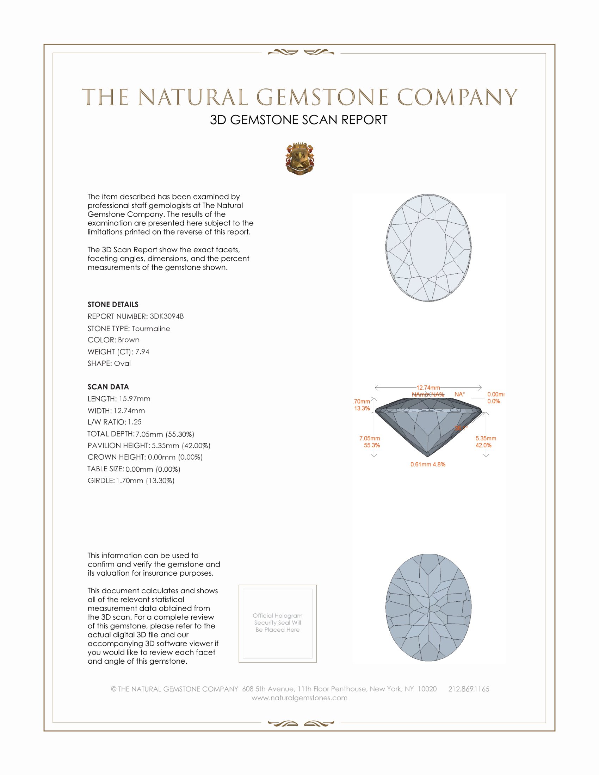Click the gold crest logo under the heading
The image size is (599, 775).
click(x=300, y=159)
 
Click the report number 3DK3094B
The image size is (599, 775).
click(x=166, y=316)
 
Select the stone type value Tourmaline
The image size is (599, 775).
click(x=151, y=329)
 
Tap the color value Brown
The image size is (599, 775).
click(x=129, y=340)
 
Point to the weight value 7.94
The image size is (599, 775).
click(x=142, y=352)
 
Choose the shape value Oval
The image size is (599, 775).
click(x=122, y=364)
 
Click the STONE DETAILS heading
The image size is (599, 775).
click(x=113, y=304)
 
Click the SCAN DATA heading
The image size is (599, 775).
click(x=108, y=387)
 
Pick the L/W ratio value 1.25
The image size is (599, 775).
click(x=135, y=422)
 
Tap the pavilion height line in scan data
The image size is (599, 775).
click(x=149, y=445)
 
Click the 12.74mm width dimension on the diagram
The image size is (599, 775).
click(x=428, y=387)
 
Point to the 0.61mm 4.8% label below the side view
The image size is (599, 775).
click(x=428, y=464)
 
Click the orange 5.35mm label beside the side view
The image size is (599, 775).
click(x=486, y=438)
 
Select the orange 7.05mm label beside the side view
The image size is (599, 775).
click(x=369, y=438)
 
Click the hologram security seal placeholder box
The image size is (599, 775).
click(x=278, y=624)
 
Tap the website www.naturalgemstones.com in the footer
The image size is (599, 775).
click(x=299, y=697)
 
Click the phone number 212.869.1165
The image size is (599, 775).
click(x=468, y=689)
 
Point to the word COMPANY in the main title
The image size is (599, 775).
click(x=457, y=97)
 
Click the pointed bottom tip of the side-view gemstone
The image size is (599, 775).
click(x=428, y=455)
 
